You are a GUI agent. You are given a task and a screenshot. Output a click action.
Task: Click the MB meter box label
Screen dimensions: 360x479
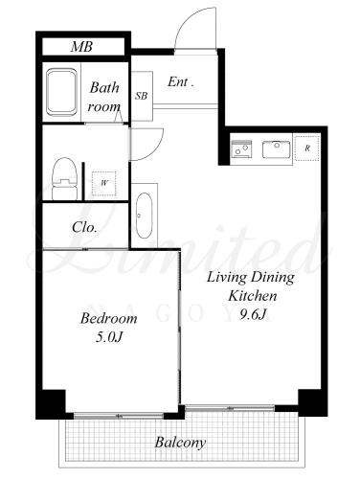pos(81,47)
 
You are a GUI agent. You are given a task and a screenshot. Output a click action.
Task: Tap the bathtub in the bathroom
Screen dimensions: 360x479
pos(62,92)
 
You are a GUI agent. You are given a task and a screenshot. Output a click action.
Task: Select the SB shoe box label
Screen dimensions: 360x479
pos(141,96)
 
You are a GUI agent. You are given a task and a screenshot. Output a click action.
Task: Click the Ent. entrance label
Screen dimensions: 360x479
pos(181,82)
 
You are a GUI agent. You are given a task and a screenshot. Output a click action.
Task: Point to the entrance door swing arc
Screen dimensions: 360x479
pos(184,19)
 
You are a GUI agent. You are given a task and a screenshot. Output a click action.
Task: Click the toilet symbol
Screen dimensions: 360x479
pos(65,179)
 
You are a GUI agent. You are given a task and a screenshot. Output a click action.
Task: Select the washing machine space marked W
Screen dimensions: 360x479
pos(104,183)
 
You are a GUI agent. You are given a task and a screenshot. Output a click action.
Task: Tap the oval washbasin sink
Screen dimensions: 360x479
pos(144,216)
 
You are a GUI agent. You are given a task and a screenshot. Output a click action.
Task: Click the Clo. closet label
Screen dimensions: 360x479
pos(84,227)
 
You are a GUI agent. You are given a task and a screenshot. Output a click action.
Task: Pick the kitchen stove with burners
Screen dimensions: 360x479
pos(241,148)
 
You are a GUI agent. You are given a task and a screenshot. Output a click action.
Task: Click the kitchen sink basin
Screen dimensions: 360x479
pos(277,149)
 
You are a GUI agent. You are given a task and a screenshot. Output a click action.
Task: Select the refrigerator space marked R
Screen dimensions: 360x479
pos(307,148)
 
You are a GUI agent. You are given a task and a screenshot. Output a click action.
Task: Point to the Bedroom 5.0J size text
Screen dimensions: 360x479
pos(109,337)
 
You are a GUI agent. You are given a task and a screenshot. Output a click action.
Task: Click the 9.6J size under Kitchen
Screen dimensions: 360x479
pos(253,315)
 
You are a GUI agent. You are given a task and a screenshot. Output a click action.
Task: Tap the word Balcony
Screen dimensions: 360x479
pos(180,443)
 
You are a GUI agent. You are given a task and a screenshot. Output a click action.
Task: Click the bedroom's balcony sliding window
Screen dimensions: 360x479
pos(119,416)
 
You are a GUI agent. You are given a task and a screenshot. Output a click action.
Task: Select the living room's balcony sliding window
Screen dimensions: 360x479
pos(230,408)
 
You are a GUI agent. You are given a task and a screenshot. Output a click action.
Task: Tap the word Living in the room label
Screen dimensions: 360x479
pos(227,278)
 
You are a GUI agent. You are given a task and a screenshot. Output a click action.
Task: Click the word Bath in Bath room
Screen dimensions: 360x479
pos(104,87)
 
